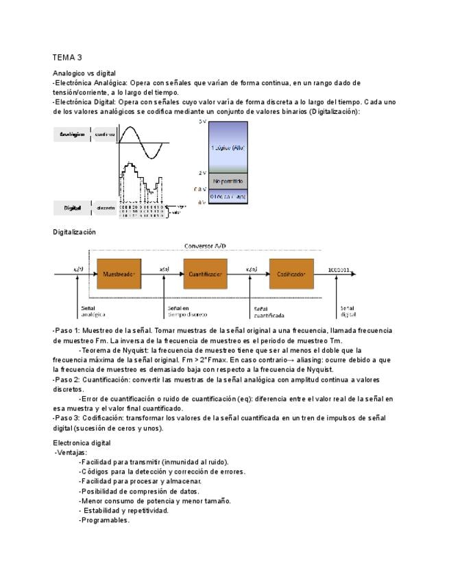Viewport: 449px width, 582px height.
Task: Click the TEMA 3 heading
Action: pos(67,57)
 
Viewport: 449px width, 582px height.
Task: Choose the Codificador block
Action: pos(291,273)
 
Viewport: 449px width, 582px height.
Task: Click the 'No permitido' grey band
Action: pos(228,181)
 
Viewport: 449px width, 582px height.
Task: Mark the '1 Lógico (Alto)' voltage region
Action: pos(228,147)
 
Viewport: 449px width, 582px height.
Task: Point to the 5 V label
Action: pos(202,121)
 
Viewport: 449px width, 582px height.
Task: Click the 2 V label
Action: pos(202,173)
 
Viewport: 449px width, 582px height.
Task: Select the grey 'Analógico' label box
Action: pos(72,135)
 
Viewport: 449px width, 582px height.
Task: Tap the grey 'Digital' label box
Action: pos(73,207)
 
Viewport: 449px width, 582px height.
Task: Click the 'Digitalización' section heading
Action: pos(75,232)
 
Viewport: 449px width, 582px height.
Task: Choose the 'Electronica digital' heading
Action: pos(82,443)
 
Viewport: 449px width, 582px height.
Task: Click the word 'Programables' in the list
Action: pos(104,520)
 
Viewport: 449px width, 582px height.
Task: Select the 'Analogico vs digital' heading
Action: pos(84,73)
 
